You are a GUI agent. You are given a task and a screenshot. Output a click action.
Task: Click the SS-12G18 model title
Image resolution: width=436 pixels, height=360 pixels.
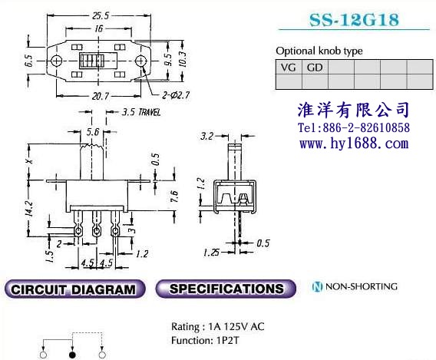click(x=354, y=20)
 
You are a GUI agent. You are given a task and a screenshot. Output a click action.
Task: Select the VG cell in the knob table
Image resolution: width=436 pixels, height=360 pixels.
click(x=289, y=68)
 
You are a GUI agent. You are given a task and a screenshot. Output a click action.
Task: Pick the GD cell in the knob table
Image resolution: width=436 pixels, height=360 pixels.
click(x=315, y=68)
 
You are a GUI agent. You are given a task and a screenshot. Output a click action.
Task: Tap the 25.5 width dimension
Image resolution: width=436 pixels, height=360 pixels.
click(x=101, y=16)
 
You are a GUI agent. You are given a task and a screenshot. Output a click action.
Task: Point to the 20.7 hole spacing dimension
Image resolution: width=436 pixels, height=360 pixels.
click(x=101, y=96)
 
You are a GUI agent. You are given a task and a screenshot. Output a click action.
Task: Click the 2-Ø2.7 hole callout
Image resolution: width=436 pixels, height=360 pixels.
click(x=176, y=96)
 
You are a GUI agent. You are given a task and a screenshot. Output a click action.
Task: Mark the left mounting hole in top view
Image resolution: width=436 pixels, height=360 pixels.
click(x=57, y=61)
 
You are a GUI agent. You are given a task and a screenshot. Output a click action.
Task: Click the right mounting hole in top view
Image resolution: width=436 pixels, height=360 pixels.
click(x=140, y=61)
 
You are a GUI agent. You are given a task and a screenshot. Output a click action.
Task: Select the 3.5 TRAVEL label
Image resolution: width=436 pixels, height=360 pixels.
click(x=141, y=112)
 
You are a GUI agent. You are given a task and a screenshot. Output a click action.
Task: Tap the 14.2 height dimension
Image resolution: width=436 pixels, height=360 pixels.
click(x=31, y=208)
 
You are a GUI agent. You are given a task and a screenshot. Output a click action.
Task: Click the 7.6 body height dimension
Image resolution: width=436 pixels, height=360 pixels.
click(x=173, y=197)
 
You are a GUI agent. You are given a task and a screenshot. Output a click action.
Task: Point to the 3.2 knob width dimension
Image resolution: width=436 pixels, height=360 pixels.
click(x=207, y=136)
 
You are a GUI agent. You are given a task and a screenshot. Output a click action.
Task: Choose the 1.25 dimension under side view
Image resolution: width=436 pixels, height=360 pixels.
click(x=211, y=253)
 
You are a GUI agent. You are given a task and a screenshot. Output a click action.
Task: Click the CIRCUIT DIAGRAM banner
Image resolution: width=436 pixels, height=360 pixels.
click(x=74, y=289)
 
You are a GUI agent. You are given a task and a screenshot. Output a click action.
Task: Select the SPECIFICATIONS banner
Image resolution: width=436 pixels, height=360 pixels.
click(x=226, y=289)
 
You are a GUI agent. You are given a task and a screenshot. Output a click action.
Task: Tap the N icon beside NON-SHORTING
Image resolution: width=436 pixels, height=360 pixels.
click(x=317, y=286)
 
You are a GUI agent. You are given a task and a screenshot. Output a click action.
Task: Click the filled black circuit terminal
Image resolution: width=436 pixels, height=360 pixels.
click(x=72, y=355)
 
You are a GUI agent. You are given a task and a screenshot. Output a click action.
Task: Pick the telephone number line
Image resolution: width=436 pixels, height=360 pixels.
click(x=354, y=128)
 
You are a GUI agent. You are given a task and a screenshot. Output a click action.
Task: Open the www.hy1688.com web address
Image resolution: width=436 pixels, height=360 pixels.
click(x=354, y=144)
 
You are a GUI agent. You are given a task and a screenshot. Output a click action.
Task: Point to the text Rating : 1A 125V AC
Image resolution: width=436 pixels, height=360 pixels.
click(x=218, y=327)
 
